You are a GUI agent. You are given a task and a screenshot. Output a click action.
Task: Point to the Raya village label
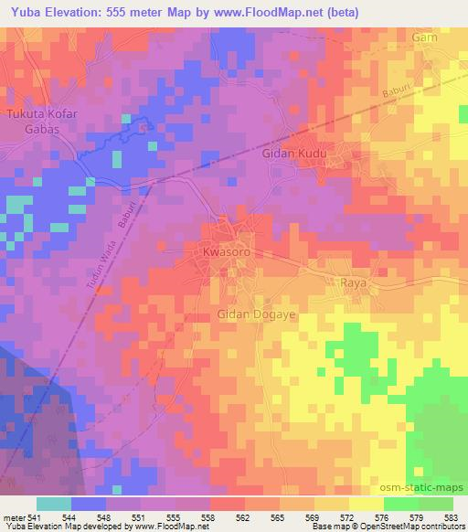coord(353,284)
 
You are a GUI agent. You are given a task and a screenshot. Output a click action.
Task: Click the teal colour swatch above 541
coord(54,504)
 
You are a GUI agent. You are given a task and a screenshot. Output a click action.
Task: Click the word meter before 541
coord(16,518)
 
